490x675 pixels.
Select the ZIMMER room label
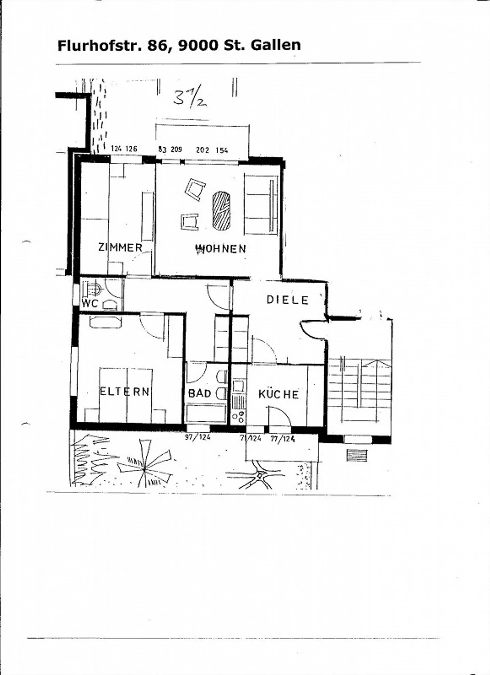[120, 247]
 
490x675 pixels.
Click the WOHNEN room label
[220, 249]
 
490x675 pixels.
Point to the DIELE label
[288, 300]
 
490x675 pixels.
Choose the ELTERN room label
[125, 391]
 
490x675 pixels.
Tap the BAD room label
[200, 393]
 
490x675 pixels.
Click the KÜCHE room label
[278, 394]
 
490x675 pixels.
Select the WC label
[90, 303]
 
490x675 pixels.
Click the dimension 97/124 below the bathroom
[198, 437]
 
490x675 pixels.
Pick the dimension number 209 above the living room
[176, 149]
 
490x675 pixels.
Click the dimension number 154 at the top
[222, 150]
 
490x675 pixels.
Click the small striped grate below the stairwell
[357, 455]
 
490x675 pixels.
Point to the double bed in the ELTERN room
[126, 395]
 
